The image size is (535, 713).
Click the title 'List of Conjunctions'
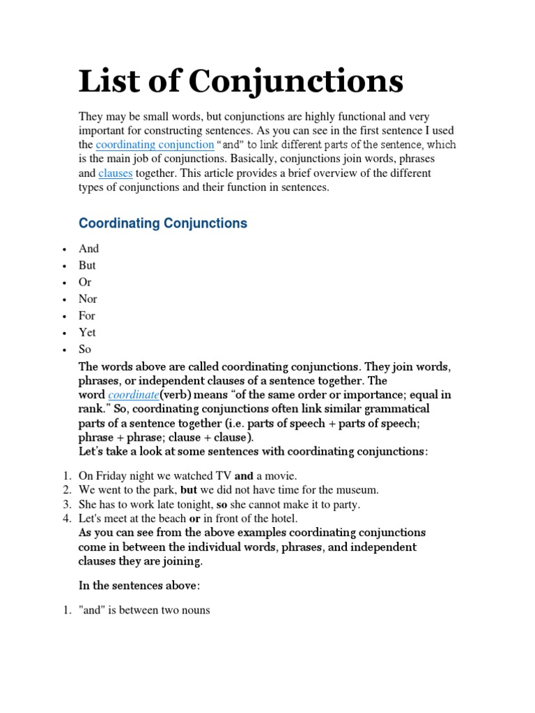point(241,81)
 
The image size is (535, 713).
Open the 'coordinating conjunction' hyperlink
point(155,145)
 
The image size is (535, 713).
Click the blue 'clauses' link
point(115,173)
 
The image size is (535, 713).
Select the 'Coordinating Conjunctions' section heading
point(163,224)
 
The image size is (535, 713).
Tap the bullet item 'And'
point(89,249)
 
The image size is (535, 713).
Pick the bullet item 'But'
point(88,265)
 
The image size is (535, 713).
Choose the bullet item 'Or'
point(85,282)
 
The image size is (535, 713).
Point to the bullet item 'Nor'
point(88,299)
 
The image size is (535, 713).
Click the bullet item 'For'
point(87,315)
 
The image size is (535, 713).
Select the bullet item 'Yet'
point(87,332)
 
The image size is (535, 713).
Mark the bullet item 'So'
point(85,349)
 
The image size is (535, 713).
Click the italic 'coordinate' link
point(133,395)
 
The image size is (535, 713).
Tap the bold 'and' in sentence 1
point(244,476)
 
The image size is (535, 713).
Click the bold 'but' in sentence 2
point(188,490)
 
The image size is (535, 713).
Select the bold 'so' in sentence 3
point(222,504)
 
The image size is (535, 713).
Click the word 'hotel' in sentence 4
point(282,518)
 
